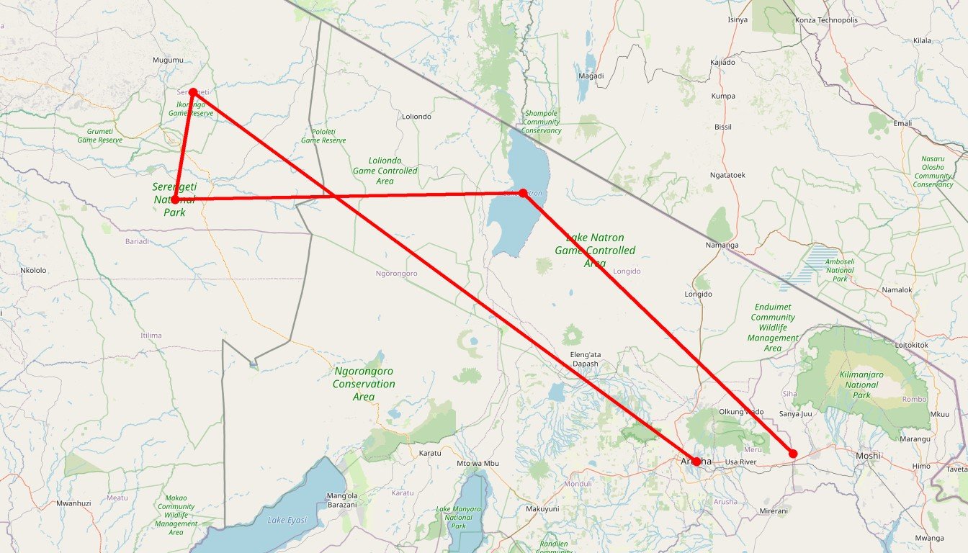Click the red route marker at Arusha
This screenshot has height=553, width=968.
[x=696, y=462]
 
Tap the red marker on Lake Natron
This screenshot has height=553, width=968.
[x=524, y=193]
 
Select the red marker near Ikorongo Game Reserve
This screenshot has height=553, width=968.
[x=193, y=92]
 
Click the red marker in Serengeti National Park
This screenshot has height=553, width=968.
[x=175, y=199]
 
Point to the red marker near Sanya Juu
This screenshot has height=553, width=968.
[x=793, y=454]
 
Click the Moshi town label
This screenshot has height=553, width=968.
[x=868, y=456]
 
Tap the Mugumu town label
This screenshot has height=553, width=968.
[x=169, y=60]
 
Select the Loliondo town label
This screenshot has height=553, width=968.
[x=416, y=117]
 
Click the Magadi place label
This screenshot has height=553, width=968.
[x=591, y=76]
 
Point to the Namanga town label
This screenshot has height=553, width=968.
[x=723, y=246]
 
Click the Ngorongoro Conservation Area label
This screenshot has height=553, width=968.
[x=364, y=384]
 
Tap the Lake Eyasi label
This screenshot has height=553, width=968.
[x=287, y=520]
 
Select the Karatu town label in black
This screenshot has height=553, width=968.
[x=430, y=454]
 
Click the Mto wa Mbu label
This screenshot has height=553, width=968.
[x=478, y=463]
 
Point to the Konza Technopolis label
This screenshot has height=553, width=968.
[x=826, y=20]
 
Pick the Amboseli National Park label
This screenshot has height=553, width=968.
[x=840, y=270]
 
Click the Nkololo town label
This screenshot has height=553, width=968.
[x=34, y=271]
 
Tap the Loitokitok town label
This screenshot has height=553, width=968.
[x=912, y=345]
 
